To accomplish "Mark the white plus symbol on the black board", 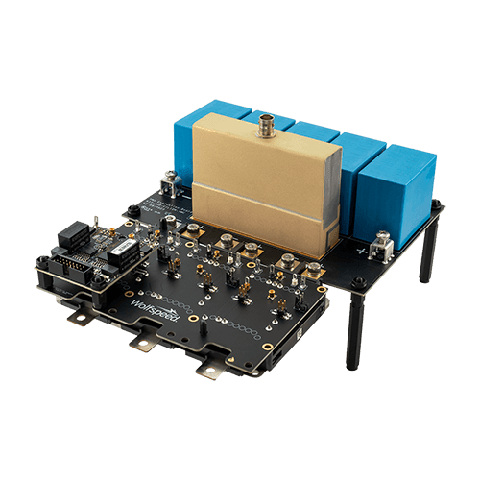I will click(x=362, y=251).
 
